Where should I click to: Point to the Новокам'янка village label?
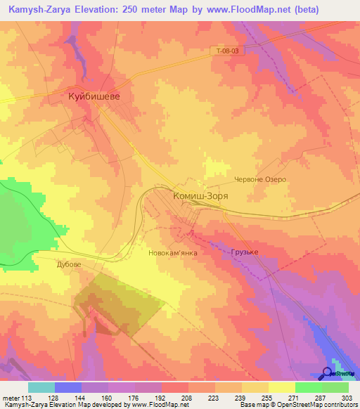point(173,251)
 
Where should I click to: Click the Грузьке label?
point(245,252)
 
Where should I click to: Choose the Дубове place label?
point(69,265)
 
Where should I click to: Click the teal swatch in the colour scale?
point(41,387)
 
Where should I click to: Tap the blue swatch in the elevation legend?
point(68,387)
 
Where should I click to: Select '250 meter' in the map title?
point(148,10)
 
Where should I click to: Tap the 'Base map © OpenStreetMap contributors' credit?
point(297,405)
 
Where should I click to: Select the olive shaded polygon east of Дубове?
point(120,302)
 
